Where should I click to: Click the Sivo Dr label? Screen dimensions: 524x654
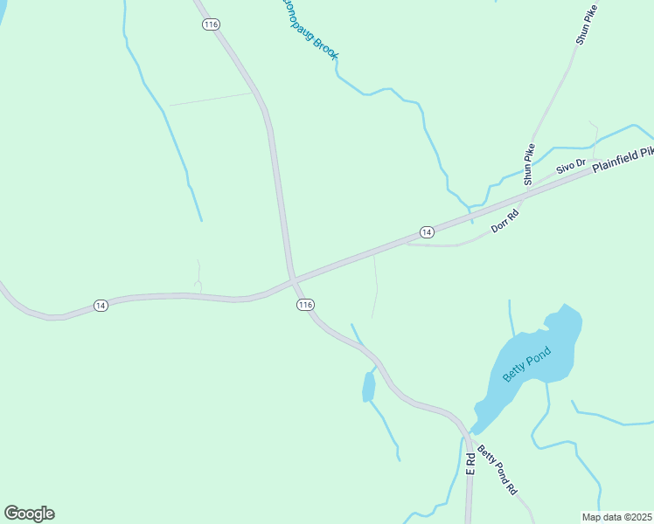(x=570, y=166)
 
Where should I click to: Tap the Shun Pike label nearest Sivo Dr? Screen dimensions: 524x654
(x=529, y=164)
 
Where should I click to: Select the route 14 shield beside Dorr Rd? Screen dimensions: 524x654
(x=426, y=231)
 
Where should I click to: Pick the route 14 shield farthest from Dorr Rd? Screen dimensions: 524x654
(x=101, y=306)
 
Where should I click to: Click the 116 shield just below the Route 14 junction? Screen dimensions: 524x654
(x=304, y=304)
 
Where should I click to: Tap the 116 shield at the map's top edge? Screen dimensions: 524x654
(x=210, y=24)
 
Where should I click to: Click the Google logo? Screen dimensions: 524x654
(x=29, y=514)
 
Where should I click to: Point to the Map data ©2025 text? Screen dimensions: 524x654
(x=616, y=517)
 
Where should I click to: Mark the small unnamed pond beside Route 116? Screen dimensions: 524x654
(x=368, y=387)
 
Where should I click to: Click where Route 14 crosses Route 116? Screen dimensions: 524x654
(x=293, y=279)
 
